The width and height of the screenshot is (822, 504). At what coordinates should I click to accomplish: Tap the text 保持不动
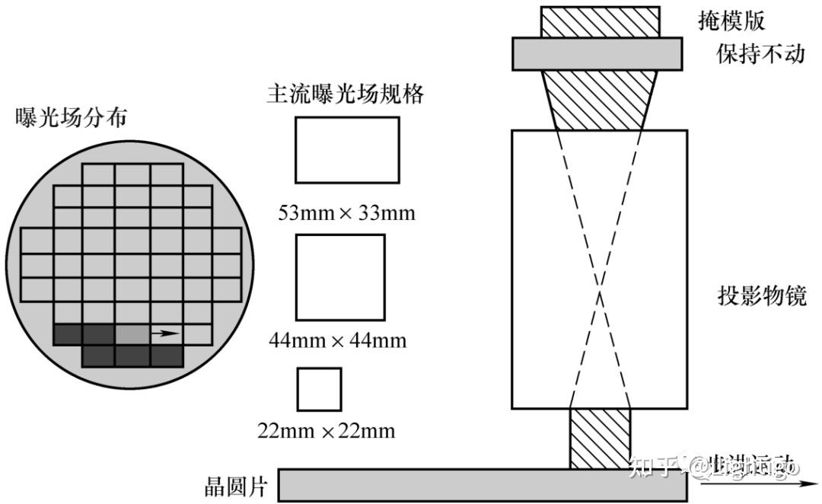point(760,54)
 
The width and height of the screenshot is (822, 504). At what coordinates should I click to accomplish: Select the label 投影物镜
point(761,295)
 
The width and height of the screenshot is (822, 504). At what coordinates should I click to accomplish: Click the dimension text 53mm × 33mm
point(347,212)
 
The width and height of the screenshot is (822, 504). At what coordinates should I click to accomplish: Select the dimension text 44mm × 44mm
point(338,340)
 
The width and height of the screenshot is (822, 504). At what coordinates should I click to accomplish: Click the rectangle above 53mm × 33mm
point(347,150)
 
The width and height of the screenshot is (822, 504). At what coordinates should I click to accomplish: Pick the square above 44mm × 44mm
point(340,277)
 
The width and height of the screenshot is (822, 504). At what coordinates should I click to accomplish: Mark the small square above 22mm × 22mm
point(320,389)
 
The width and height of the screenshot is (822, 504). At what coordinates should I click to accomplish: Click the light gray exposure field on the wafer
point(132,333)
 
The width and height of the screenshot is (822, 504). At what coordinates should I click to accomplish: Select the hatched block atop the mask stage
point(599,21)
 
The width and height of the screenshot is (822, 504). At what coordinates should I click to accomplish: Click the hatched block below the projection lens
point(600,438)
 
